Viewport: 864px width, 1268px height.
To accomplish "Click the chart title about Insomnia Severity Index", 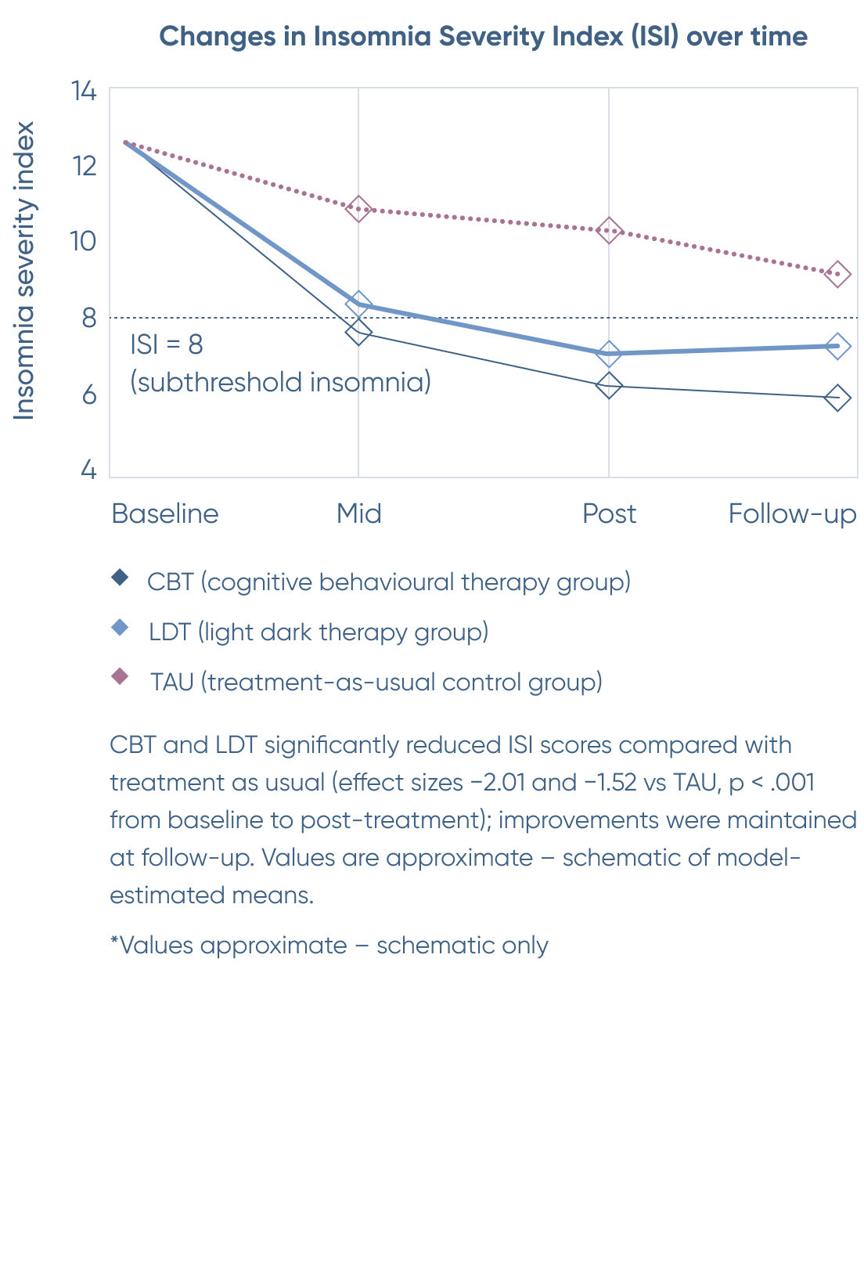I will [483, 37].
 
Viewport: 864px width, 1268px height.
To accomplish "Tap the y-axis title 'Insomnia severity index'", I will [24, 270].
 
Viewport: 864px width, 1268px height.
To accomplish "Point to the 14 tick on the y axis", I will [84, 92].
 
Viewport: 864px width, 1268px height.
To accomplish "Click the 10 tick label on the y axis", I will [83, 241].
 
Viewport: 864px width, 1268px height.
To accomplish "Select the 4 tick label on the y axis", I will [88, 470].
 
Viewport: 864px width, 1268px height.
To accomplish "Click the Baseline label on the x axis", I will [165, 514].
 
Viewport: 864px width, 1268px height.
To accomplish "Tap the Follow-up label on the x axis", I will [792, 514].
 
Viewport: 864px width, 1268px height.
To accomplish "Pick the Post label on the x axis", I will [609, 514].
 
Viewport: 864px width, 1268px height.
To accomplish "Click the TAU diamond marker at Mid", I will [358, 209].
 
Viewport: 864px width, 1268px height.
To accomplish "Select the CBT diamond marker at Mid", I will [358, 332].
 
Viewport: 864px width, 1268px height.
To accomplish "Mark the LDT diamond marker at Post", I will [609, 354].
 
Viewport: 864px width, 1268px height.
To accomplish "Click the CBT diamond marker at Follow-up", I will [837, 398].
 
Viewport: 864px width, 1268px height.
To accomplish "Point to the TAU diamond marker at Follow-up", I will [837, 275].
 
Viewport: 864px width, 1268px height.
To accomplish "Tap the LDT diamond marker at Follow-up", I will [837, 346].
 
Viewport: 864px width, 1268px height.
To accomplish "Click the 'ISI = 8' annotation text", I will [167, 344].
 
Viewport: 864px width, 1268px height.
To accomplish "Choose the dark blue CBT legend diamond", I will [120, 578].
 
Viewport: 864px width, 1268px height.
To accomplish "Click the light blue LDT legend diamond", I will [120, 628].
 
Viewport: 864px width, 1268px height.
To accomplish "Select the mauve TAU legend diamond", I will [120, 677].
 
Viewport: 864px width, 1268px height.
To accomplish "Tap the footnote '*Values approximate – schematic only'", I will [329, 946].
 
